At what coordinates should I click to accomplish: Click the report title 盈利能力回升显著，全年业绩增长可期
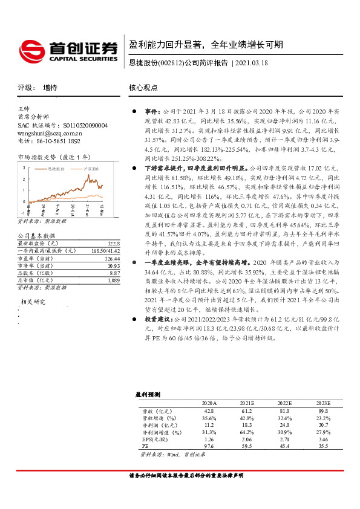pos(206,45)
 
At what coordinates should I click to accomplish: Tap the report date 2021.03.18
pos(252,63)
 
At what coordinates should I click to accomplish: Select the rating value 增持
pos(50,87)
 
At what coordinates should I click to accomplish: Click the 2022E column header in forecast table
pos(284,403)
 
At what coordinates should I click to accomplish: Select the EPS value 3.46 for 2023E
pos(324,439)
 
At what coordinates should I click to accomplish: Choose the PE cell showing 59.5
pos(245,446)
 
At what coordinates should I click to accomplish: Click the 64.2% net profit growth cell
pos(245,432)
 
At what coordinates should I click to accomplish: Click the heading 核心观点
pos(143,88)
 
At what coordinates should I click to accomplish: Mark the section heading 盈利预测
pos(148,394)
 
